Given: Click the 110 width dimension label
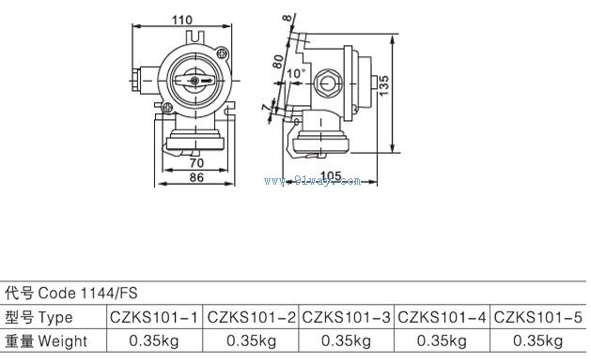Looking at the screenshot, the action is [x=182, y=20].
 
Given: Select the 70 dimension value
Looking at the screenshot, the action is [x=196, y=163].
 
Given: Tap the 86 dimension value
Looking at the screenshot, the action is [x=196, y=177].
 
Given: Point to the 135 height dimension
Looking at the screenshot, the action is [x=383, y=85].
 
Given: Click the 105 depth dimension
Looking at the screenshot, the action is [x=332, y=176].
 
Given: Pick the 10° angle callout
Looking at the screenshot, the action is [x=296, y=73].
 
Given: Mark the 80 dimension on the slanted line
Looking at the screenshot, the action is [x=278, y=61].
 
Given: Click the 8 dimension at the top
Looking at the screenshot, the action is [x=288, y=18].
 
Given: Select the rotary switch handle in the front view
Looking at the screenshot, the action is [x=194, y=80].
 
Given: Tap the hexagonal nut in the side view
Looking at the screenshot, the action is [x=328, y=83].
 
